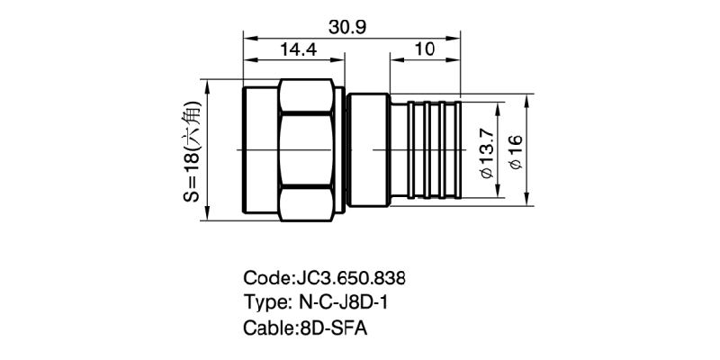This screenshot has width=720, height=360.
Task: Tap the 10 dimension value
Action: click(x=424, y=50)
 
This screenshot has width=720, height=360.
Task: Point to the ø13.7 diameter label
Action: click(x=487, y=148)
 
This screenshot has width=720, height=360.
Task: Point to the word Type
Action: click(x=264, y=301)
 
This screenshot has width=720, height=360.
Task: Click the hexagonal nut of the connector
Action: click(x=306, y=148)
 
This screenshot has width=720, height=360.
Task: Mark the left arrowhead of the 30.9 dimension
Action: click(x=248, y=37)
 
